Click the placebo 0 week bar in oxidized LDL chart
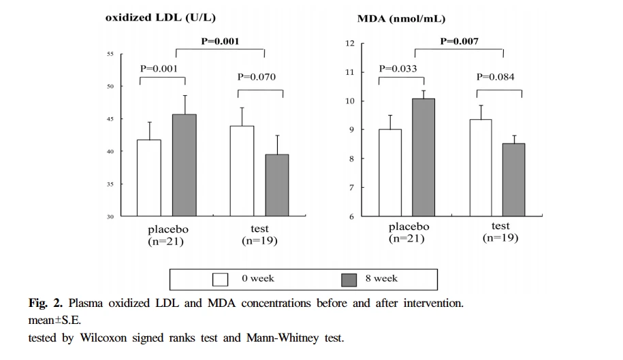coord(149,178)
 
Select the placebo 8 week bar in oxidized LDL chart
coord(184,165)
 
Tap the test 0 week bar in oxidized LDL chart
coord(242,171)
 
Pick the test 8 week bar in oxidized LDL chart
coord(277,185)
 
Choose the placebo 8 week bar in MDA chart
coord(424,157)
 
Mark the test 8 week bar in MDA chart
coord(514,180)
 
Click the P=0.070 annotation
coord(257,77)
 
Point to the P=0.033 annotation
coord(398,69)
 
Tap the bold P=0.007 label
coord(459,42)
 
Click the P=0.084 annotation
coord(495,77)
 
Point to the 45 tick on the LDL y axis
coord(110,119)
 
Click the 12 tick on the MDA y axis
coord(350,44)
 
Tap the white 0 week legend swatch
coord(220,279)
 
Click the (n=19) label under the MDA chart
coord(500,238)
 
